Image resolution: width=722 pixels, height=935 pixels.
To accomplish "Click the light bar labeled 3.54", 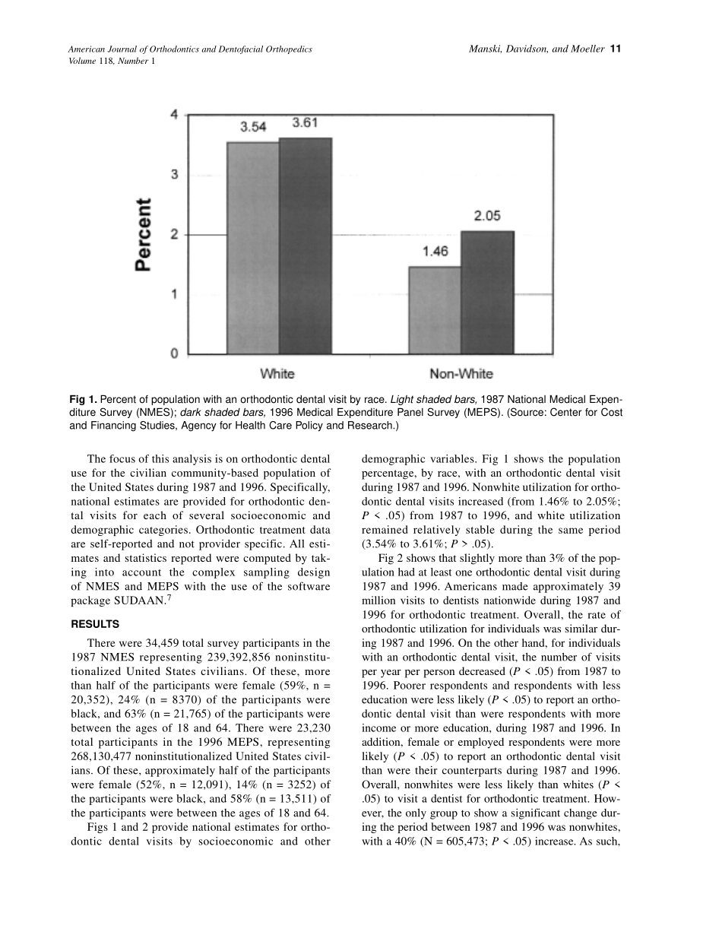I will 253,247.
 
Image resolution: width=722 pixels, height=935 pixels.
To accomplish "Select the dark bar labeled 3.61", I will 306,245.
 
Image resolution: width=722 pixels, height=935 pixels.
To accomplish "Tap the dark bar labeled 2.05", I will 487,292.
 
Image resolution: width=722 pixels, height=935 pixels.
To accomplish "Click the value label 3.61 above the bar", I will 305,123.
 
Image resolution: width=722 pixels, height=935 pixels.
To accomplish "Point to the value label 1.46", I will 435,252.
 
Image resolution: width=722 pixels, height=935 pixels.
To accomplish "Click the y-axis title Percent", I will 144,234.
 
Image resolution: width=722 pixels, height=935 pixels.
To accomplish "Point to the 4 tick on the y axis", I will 174,115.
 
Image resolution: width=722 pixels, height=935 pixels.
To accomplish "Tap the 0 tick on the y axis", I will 174,353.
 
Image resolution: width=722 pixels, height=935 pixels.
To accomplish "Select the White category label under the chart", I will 277,374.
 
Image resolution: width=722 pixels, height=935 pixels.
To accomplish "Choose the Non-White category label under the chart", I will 461,374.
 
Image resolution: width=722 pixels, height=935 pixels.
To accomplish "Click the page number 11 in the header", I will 616,49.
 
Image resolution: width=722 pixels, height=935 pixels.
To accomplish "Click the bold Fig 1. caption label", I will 83,399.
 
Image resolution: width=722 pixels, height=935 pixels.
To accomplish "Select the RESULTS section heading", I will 95,625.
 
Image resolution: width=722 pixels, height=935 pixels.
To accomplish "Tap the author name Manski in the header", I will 486,49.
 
